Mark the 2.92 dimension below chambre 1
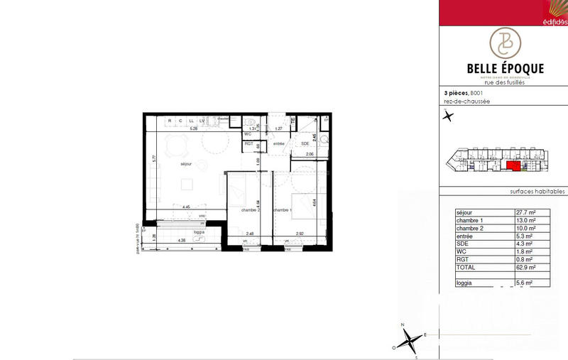point(300,233)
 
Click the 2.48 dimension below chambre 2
point(249,233)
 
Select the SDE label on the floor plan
point(305,143)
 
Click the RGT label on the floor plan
point(248,143)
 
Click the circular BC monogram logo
point(505,43)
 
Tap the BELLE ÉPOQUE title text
point(505,68)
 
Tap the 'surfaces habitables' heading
point(537,192)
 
